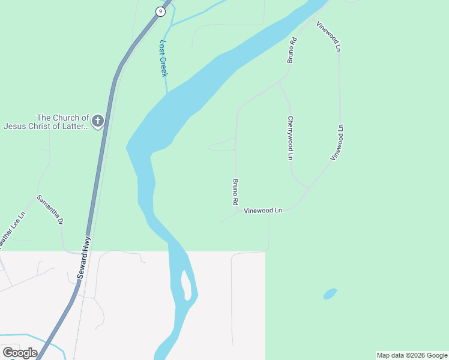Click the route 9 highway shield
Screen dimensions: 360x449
(x=160, y=11)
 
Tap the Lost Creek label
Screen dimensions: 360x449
(x=163, y=58)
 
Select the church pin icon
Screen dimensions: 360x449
(x=97, y=122)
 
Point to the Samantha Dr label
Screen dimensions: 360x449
(x=50, y=209)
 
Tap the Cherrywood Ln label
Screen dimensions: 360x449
(x=291, y=137)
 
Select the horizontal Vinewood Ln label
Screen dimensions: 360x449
(x=263, y=211)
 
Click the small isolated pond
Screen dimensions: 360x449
(x=330, y=294)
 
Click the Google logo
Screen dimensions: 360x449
(x=20, y=352)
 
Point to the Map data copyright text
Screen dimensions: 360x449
(x=412, y=355)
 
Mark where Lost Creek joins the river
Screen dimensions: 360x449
(x=167, y=92)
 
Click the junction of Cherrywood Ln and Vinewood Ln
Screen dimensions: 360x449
(x=309, y=188)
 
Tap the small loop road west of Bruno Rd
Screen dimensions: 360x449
(x=221, y=145)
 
